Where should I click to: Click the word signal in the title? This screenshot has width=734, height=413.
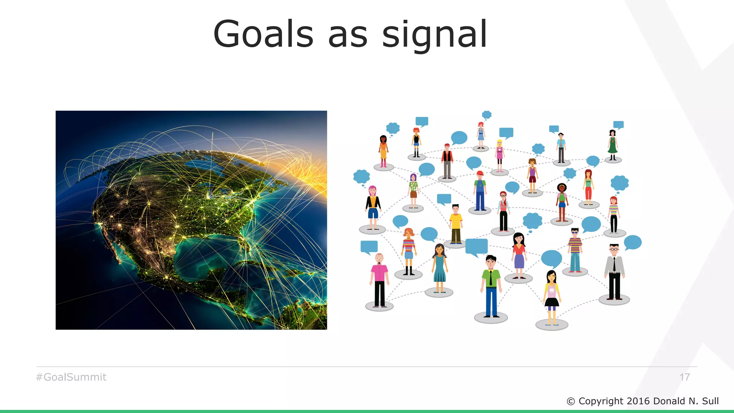(x=434, y=35)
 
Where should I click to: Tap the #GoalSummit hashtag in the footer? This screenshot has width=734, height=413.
(x=71, y=377)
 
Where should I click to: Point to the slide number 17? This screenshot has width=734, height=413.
(x=685, y=377)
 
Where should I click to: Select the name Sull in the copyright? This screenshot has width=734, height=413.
(x=710, y=401)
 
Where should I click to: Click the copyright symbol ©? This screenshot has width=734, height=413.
(x=571, y=402)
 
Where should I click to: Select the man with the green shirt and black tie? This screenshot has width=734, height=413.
(x=491, y=285)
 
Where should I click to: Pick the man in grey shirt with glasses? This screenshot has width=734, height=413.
(x=614, y=271)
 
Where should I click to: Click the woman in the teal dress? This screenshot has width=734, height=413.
(x=439, y=267)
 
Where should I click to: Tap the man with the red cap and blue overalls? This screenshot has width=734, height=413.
(x=480, y=191)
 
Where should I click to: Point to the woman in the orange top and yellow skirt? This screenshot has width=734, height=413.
(x=383, y=151)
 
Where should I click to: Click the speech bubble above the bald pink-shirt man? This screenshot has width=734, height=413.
(x=369, y=247)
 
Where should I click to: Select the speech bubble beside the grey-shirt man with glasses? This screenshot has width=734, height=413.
(x=633, y=242)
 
